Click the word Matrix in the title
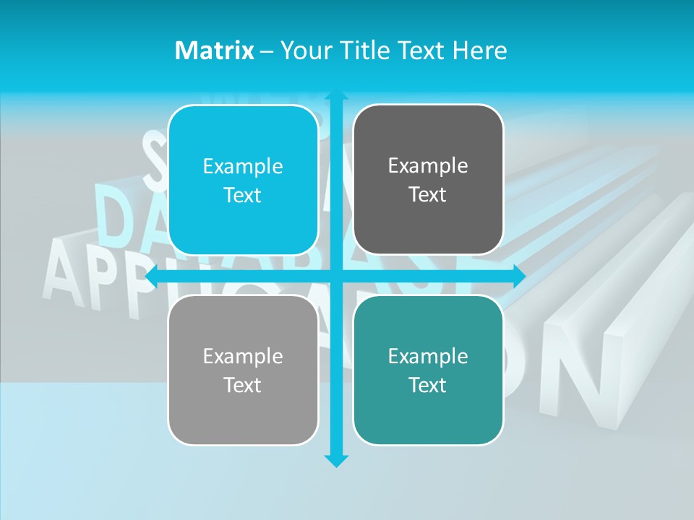point(214,51)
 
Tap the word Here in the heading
point(480,51)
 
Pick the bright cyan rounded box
point(243,180)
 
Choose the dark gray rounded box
point(428,180)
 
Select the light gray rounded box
point(243,370)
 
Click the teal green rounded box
point(428,370)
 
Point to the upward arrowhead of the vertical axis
point(336,95)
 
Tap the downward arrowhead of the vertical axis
point(336,460)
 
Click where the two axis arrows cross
point(336,276)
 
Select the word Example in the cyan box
point(243,166)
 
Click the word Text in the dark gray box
point(428,194)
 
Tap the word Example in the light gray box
point(243,356)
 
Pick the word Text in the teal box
point(428,385)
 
